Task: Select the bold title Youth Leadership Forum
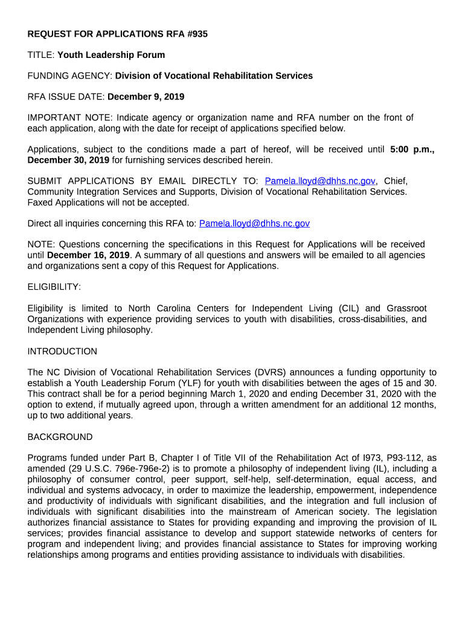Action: tap(111, 55)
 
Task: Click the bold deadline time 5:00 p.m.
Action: tap(412, 149)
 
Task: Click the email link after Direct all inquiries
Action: tap(254, 223)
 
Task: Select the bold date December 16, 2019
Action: tap(88, 255)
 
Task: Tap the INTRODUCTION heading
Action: tap(62, 351)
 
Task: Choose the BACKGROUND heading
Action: tap(60, 437)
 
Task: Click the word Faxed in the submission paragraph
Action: tap(42, 202)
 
